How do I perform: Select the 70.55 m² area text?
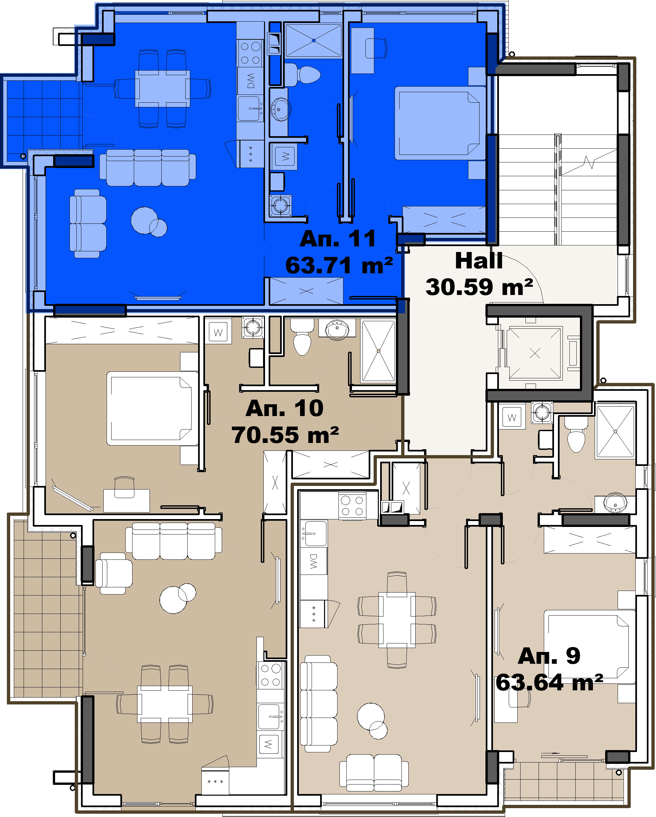(x=285, y=435)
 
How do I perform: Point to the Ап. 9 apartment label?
(x=549, y=656)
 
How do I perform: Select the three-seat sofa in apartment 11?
(x=148, y=167)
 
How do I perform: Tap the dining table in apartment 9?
(x=397, y=619)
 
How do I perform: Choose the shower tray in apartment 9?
(x=615, y=431)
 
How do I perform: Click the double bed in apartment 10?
(x=153, y=408)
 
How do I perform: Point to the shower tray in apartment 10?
(x=379, y=351)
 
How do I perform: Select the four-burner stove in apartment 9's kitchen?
(x=352, y=506)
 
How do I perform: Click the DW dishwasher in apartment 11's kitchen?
(x=250, y=81)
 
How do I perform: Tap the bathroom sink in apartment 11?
(x=280, y=110)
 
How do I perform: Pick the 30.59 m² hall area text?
(x=479, y=287)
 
